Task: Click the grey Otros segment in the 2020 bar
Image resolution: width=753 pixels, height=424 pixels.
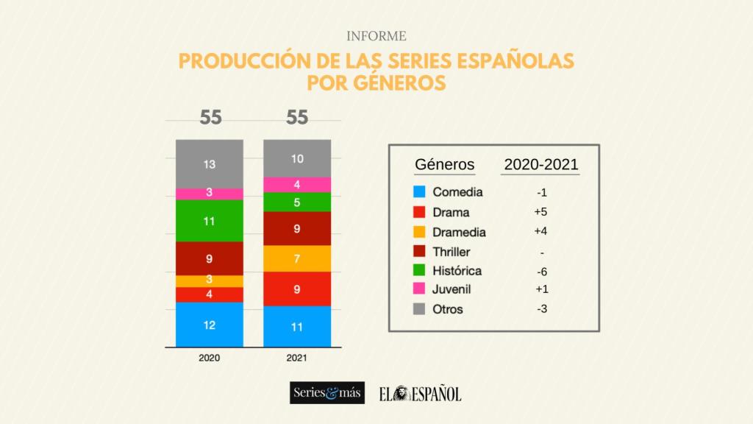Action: [x=210, y=163]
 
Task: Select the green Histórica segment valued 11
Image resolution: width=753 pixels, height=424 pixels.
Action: [x=210, y=220]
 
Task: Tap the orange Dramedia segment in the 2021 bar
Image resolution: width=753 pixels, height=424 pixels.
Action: [x=297, y=258]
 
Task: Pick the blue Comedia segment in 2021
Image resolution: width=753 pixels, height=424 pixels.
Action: [x=297, y=326]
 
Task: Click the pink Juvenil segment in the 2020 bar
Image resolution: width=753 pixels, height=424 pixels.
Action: [x=210, y=193]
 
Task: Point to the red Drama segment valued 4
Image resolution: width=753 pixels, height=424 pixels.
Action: [x=210, y=294]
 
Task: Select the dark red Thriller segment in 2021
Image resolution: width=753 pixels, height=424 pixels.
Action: [x=297, y=228]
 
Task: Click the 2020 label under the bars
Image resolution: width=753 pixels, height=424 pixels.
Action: [x=210, y=358]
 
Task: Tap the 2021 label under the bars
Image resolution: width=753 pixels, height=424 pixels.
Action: [x=297, y=358]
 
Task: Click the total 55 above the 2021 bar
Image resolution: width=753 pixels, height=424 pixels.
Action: [x=297, y=118]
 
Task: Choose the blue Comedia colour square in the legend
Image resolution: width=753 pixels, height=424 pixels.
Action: [x=419, y=193]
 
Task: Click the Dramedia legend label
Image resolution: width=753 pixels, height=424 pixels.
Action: [x=459, y=232]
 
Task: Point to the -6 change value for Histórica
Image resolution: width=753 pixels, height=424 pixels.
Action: [x=542, y=271]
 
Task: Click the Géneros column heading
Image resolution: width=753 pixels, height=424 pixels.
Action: [x=445, y=164]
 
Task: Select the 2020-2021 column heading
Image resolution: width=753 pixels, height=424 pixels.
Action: [x=541, y=164]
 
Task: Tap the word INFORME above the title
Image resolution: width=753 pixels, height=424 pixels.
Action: [x=376, y=35]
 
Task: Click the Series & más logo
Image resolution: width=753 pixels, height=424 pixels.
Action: [x=327, y=393]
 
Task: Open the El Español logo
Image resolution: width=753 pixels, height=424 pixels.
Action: [x=421, y=394]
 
